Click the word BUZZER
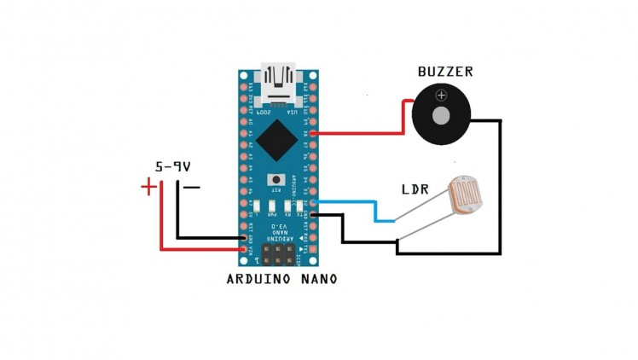coord(444,73)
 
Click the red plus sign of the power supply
coord(148,186)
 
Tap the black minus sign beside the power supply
coord(193,187)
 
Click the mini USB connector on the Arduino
coord(279,78)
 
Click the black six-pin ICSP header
coord(278,253)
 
